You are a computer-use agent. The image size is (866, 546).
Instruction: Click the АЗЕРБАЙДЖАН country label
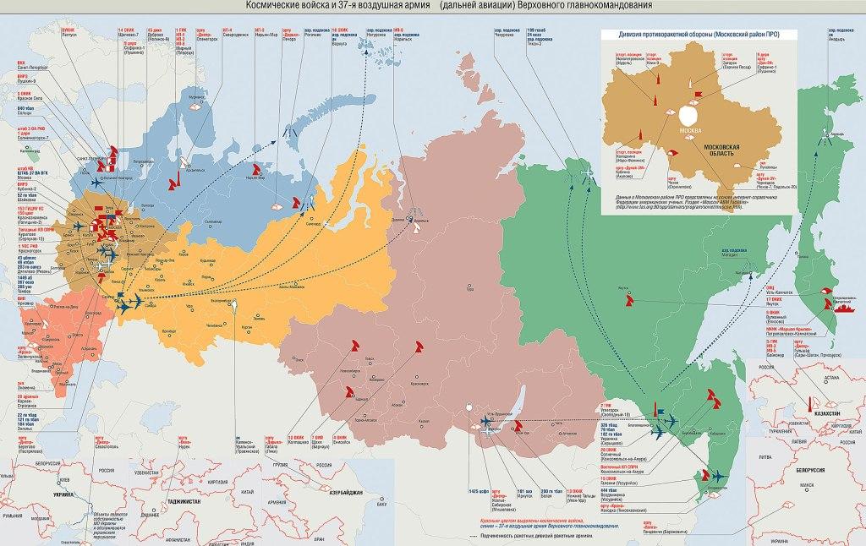[x=348, y=492]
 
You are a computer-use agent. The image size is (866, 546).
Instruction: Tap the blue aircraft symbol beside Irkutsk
[x=488, y=420]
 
